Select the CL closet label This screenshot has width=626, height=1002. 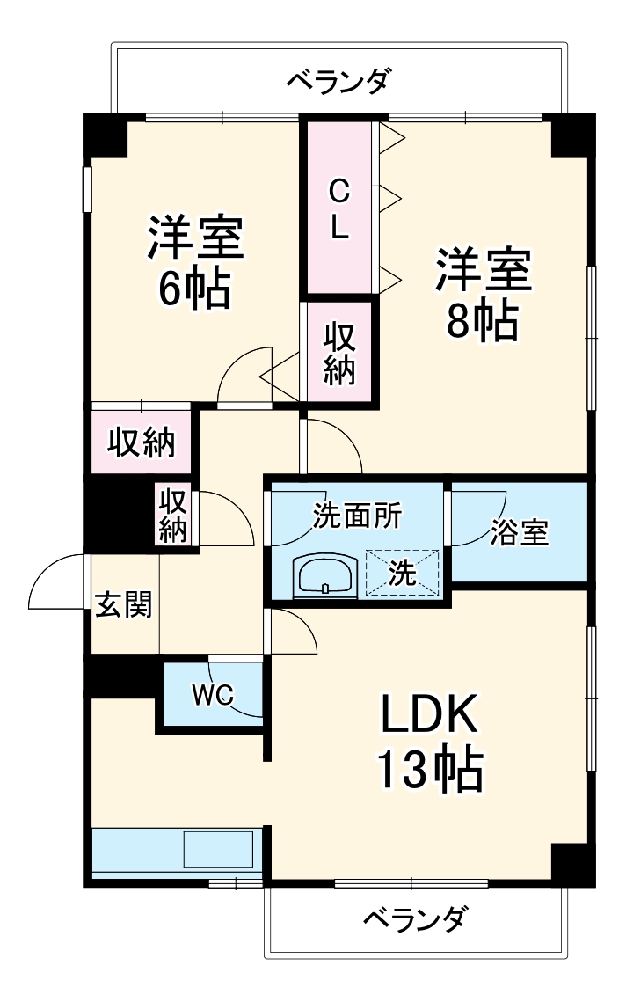(338, 208)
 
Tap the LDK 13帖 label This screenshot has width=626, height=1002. (430, 743)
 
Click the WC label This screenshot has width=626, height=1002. (212, 695)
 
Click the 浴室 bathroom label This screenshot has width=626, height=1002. (520, 532)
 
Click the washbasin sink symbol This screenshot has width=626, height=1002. (325, 577)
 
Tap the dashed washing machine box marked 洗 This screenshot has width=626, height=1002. (402, 574)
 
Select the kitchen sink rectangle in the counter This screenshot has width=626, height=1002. (218, 851)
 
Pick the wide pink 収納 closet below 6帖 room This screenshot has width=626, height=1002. (141, 442)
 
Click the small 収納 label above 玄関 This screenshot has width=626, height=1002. (173, 515)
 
